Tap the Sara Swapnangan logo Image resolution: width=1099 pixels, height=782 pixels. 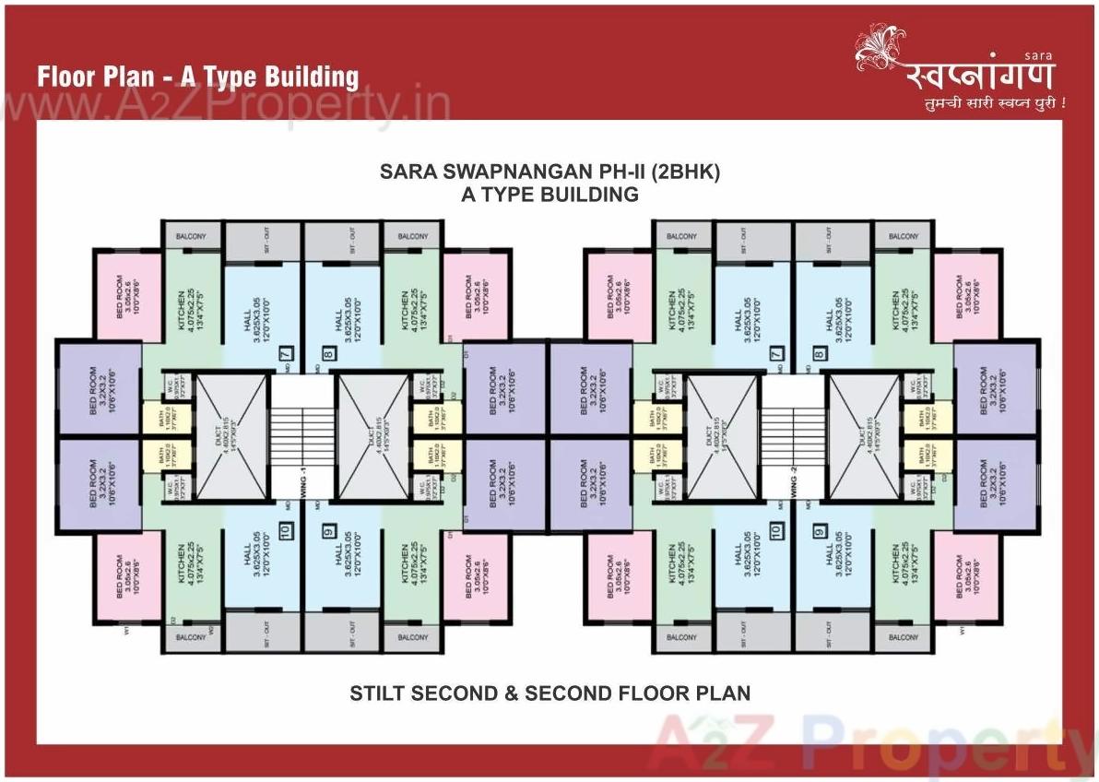pos(959,70)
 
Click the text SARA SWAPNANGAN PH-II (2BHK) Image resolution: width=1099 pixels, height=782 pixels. pos(549,172)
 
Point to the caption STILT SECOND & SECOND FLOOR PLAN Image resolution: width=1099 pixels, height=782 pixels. pos(549,693)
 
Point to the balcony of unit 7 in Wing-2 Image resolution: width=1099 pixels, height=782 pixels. pos(681,237)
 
